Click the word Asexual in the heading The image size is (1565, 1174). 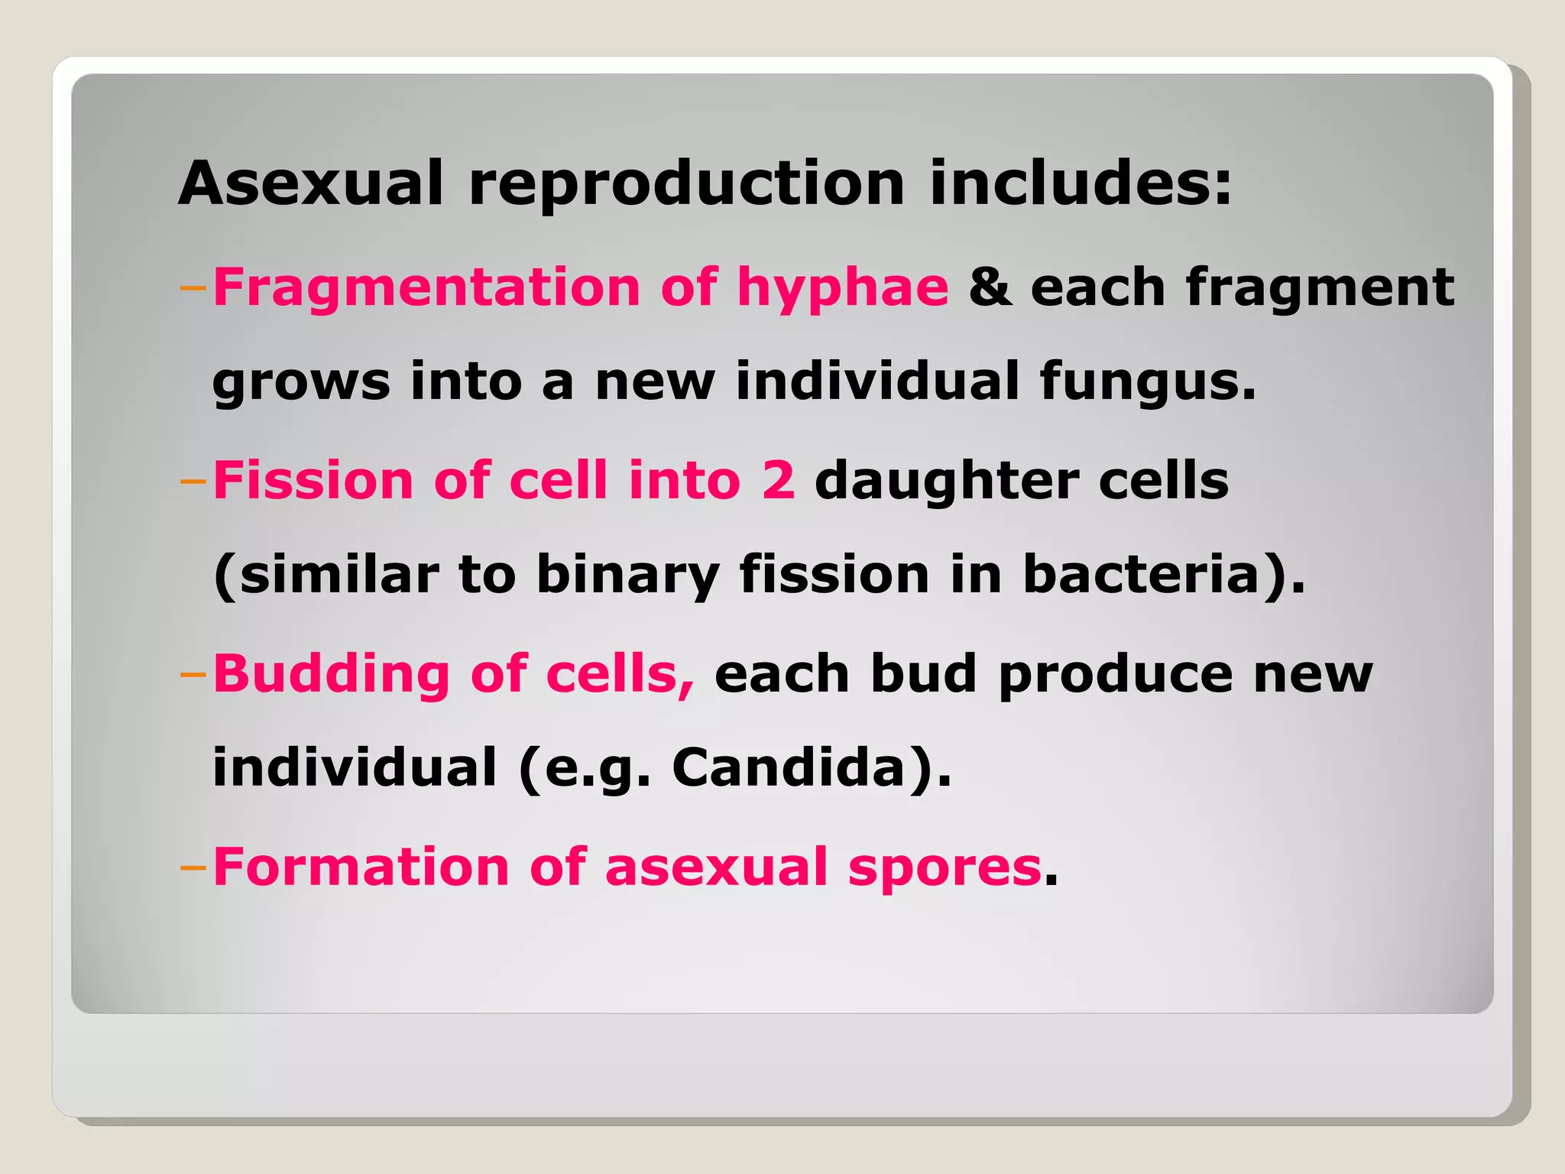pyautogui.click(x=310, y=183)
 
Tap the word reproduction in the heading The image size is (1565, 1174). pyautogui.click(x=686, y=183)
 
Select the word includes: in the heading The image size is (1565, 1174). pyautogui.click(x=1081, y=183)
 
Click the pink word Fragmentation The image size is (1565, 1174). pyautogui.click(x=426, y=287)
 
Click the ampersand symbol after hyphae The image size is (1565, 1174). pyautogui.click(x=990, y=287)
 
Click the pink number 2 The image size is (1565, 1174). pyautogui.click(x=778, y=481)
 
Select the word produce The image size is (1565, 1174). pyautogui.click(x=1116, y=675)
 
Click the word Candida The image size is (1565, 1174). pyautogui.click(x=789, y=767)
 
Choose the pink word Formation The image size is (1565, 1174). pyautogui.click(x=361, y=868)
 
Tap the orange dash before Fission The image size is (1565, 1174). pyautogui.click(x=193, y=482)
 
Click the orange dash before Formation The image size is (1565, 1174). pyautogui.click(x=193, y=868)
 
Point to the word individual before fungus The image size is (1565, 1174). pyautogui.click(x=876, y=381)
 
